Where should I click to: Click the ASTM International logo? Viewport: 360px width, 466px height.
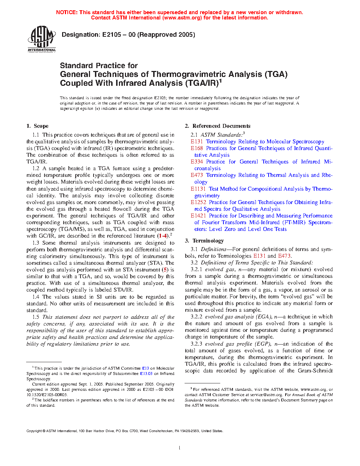coord(42,38)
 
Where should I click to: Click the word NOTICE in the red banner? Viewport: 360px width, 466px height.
coord(67,12)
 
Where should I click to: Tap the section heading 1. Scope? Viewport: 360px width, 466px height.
coord(37,126)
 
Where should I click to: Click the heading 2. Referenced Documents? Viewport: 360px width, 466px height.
coord(217,126)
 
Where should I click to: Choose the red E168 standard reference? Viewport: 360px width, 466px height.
coord(197,148)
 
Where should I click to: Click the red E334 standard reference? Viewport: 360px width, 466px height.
coord(197,162)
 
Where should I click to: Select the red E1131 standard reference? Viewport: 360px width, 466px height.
coord(198,189)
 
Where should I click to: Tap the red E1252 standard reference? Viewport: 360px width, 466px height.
coord(198,202)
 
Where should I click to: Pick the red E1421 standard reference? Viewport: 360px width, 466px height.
coord(198,216)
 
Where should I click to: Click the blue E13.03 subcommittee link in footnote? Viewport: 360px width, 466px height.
coord(146,374)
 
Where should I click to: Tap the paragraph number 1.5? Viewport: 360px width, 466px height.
coord(36,317)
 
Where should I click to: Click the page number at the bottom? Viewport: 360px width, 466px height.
coord(180,448)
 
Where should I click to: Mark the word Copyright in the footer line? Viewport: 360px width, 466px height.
coord(34,431)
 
